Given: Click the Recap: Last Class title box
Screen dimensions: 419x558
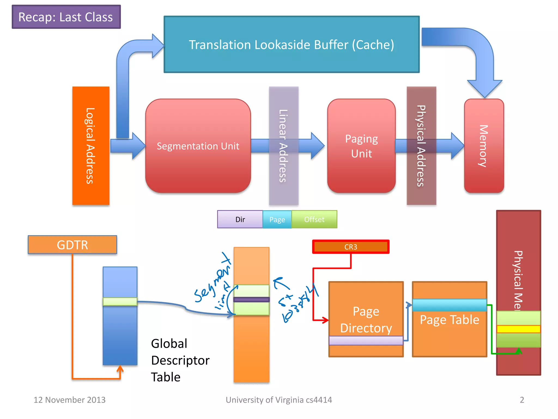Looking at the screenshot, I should tap(66, 17).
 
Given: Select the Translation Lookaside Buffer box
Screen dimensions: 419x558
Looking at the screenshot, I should tap(291, 44).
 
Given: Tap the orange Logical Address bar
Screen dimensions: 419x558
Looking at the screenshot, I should tap(91, 145).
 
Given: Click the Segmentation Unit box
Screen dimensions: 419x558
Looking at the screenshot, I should tap(198, 146).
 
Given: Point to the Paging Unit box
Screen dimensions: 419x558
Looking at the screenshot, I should tap(361, 146).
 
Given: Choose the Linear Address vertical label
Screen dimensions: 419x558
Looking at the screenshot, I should tap(283, 145).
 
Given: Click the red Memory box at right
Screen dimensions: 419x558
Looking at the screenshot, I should tap(484, 146).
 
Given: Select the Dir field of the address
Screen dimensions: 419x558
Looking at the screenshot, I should tap(240, 219).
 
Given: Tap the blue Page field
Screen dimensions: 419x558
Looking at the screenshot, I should tap(277, 219).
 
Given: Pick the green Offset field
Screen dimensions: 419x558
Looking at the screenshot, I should tap(314, 219).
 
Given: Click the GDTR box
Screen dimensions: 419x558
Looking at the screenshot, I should tap(72, 245).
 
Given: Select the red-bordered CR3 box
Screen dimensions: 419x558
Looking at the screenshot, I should tap(351, 247).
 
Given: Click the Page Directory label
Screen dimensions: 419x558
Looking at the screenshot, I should tap(366, 319).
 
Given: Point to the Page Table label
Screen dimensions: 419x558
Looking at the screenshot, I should tap(449, 320).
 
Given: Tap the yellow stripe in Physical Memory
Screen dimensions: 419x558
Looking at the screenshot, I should tap(518, 329).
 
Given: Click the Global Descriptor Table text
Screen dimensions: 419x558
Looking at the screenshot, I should tap(180, 360).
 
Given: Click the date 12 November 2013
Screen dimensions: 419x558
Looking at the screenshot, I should tap(69, 400).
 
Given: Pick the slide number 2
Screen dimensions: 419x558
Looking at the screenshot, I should tap(522, 400).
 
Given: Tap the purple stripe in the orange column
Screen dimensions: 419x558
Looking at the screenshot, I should tap(251, 300).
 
